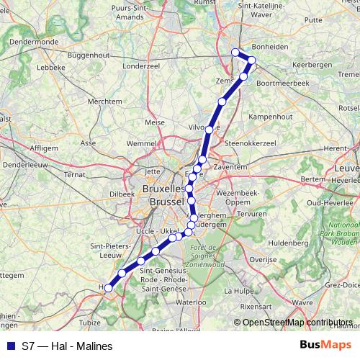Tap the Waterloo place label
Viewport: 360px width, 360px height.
pyautogui.click(x=190, y=303)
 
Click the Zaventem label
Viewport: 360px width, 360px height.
pyautogui.click(x=230, y=166)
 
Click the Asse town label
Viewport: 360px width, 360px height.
pyautogui.click(x=88, y=143)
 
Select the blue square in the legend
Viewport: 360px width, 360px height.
pyautogui.click(x=9, y=346)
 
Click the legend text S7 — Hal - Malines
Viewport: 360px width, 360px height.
pyautogui.click(x=68, y=346)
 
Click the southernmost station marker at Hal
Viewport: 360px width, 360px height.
pyautogui.click(x=109, y=288)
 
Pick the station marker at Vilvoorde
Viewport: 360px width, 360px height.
pyautogui.click(x=209, y=130)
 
